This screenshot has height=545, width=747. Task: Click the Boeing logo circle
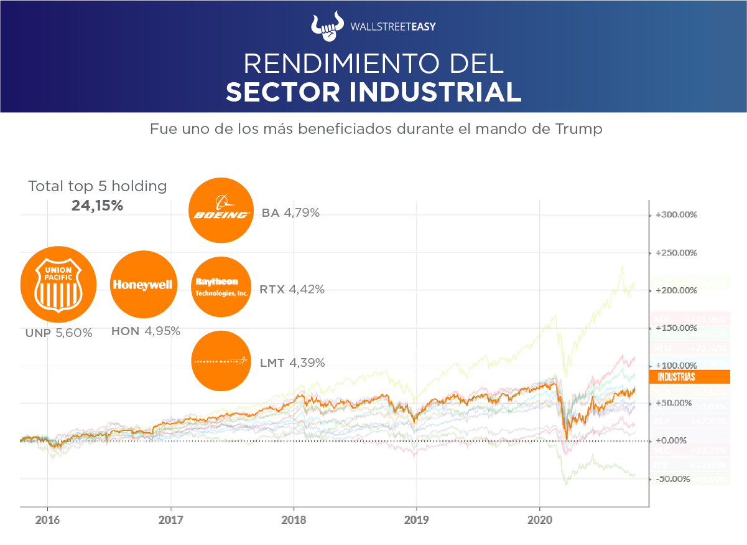click(221, 210)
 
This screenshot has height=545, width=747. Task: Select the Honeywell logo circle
click(142, 285)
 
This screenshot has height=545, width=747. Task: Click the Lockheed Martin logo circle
click(221, 361)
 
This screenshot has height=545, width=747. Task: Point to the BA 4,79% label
click(290, 213)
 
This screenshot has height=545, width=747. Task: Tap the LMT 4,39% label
click(292, 363)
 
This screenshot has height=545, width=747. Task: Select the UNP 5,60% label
click(59, 333)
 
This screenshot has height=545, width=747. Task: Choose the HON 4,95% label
click(146, 331)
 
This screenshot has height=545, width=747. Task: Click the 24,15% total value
click(97, 205)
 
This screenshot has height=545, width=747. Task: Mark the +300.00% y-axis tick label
click(676, 215)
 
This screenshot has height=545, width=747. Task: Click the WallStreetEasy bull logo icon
click(327, 26)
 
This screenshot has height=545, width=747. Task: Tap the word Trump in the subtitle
click(579, 130)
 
